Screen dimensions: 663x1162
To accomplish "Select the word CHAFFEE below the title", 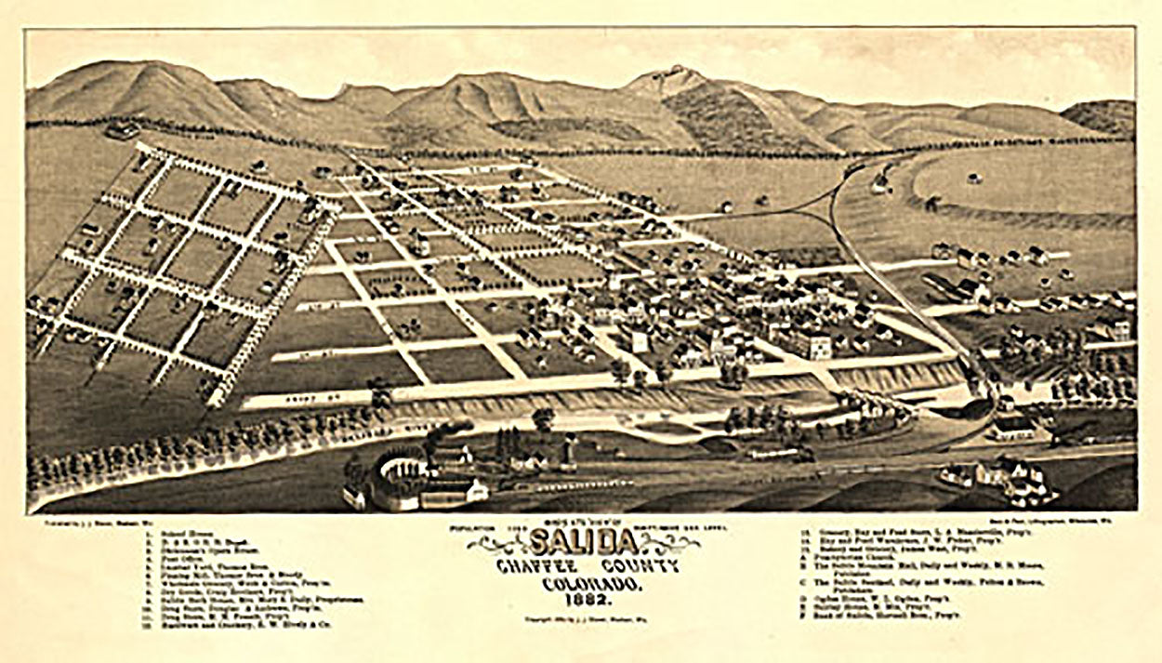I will tap(532, 568).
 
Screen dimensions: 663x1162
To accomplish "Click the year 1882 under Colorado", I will tap(582, 601).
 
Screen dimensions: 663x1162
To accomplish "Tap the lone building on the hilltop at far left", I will tap(122, 129).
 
